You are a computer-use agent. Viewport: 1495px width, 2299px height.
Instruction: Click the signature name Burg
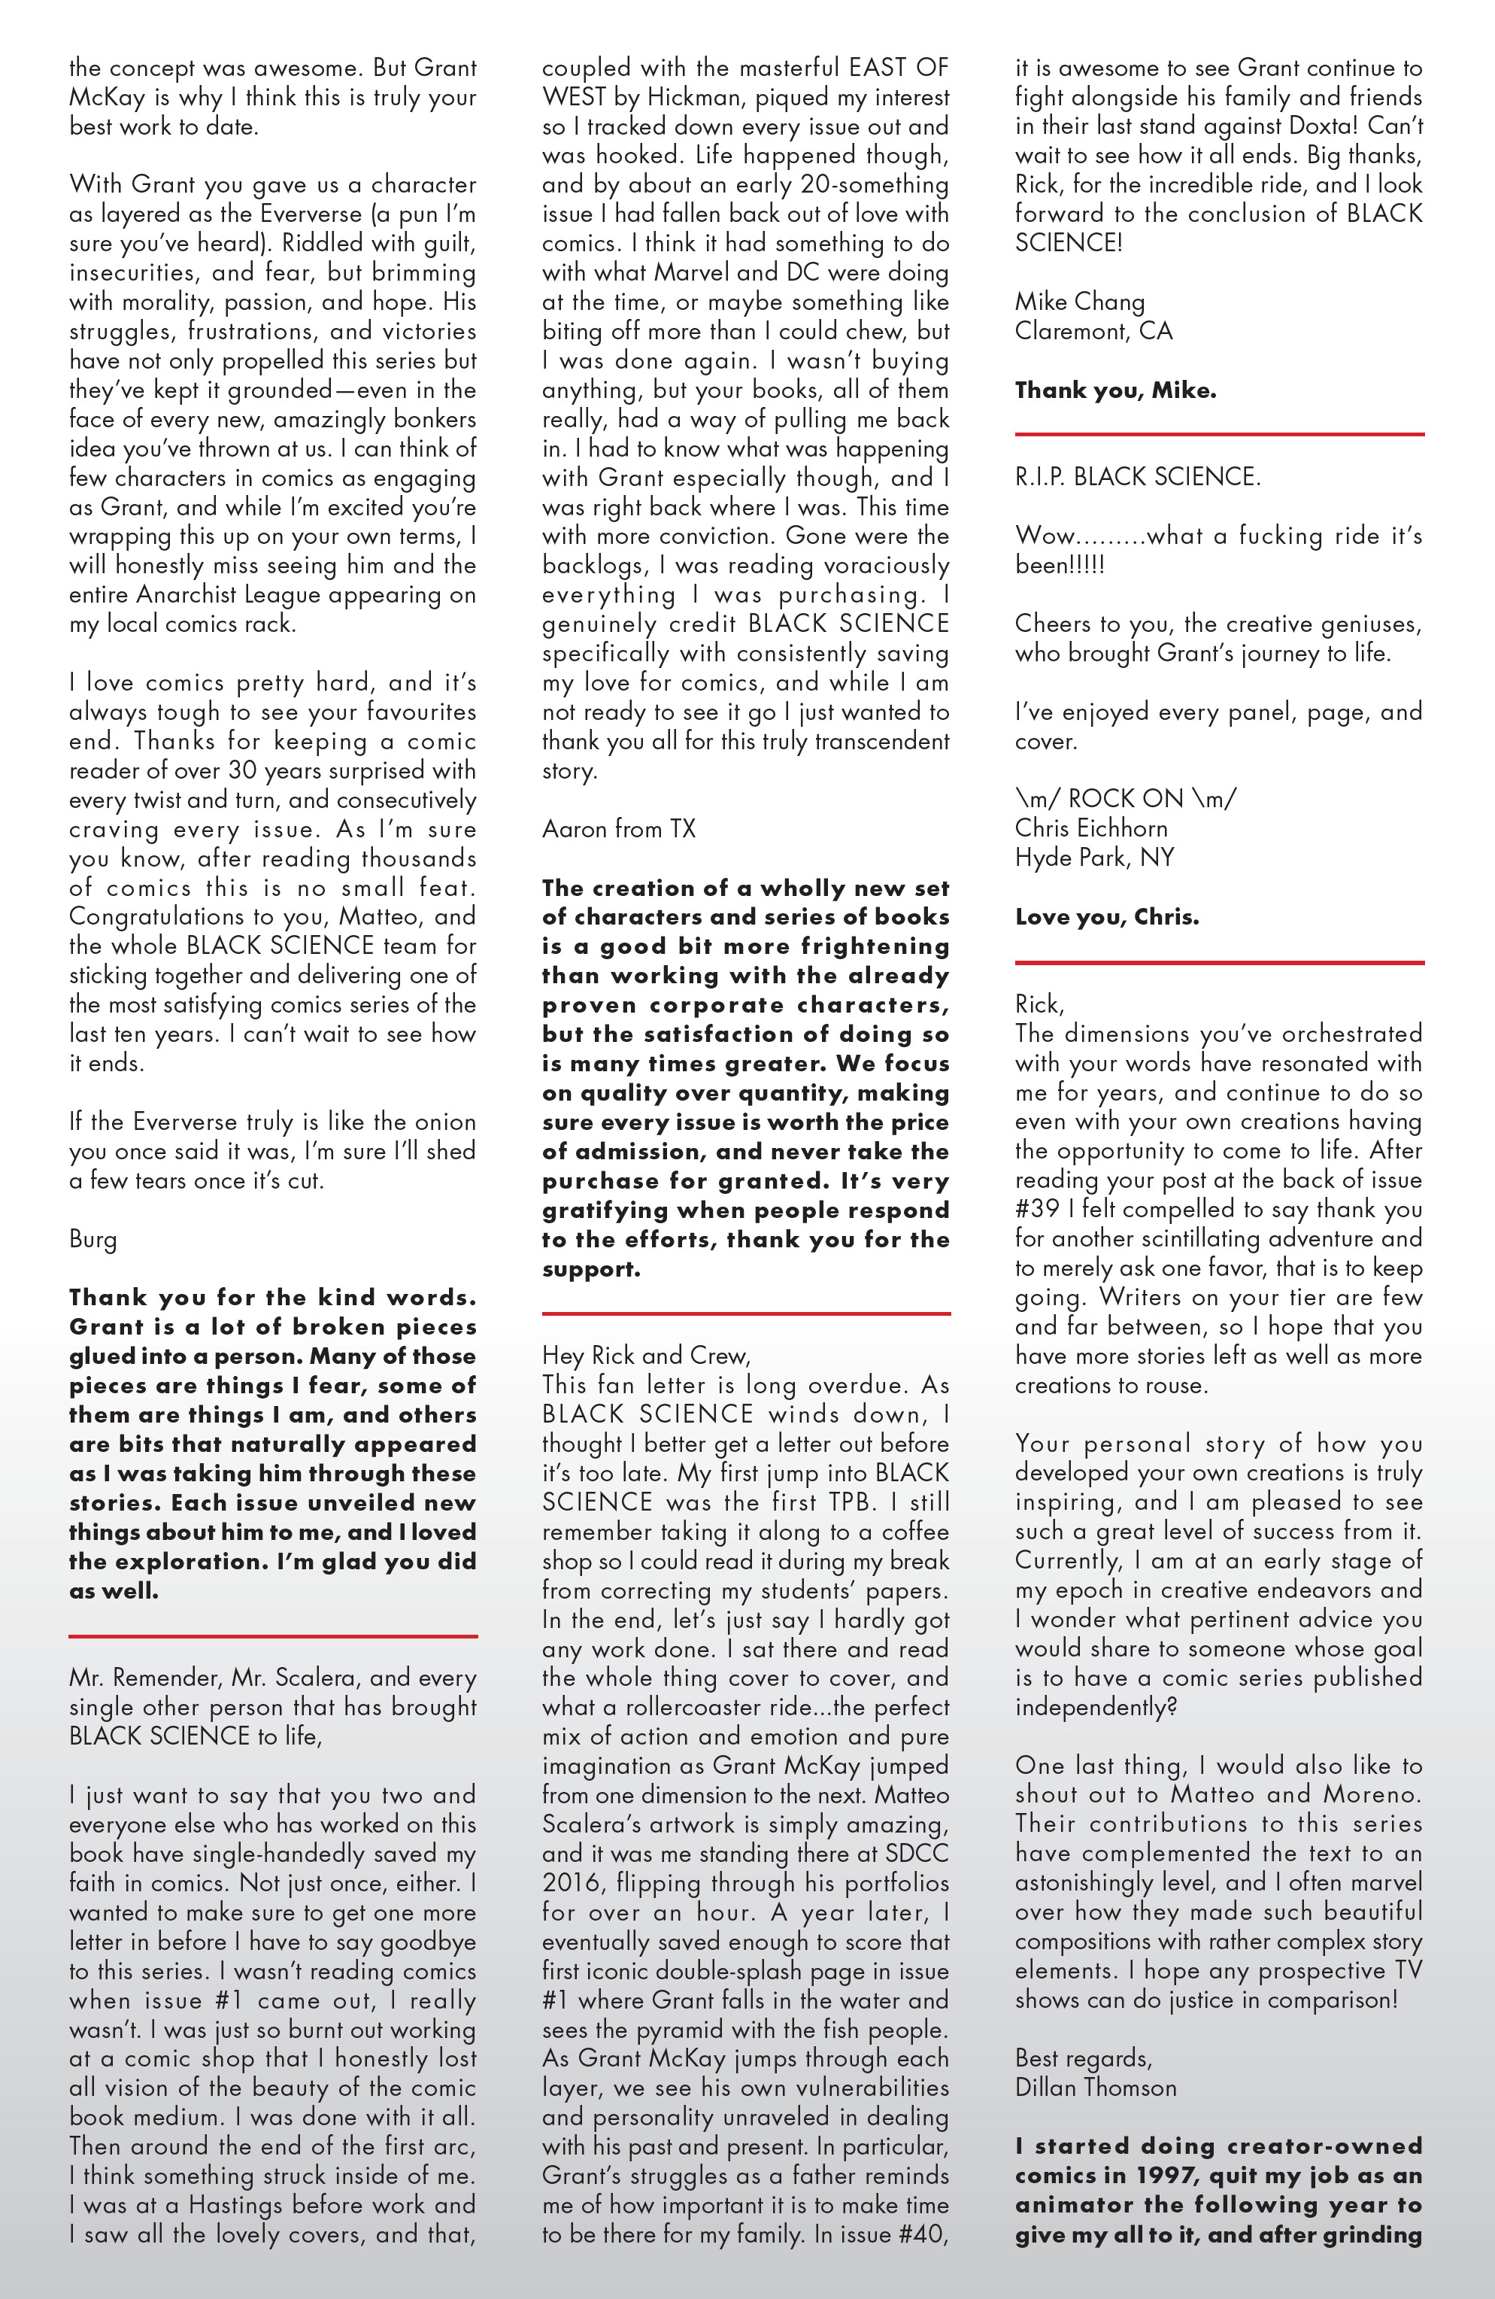(x=92, y=1239)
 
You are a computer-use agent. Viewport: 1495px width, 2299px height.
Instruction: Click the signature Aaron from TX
(x=618, y=829)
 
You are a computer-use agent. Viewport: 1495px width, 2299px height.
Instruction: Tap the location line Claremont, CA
(x=1093, y=331)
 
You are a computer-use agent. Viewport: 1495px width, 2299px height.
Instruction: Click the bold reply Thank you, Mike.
(x=1114, y=390)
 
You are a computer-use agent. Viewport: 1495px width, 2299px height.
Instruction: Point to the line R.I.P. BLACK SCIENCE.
(x=1137, y=477)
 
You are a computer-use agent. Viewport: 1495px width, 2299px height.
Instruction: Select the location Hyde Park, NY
(x=1093, y=858)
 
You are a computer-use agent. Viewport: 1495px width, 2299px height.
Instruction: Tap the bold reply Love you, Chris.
(x=1105, y=917)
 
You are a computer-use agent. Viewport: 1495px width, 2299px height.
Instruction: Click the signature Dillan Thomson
(x=1095, y=2088)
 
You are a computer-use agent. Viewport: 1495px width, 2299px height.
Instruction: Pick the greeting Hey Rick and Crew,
(x=645, y=1355)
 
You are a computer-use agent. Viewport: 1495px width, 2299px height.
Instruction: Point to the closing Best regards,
(x=1083, y=2058)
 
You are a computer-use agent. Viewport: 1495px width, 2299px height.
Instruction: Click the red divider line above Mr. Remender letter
(x=273, y=1636)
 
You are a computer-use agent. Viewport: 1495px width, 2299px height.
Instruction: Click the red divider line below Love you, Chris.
(x=1219, y=963)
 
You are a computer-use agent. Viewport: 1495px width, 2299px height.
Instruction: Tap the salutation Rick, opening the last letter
(x=1039, y=1004)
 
